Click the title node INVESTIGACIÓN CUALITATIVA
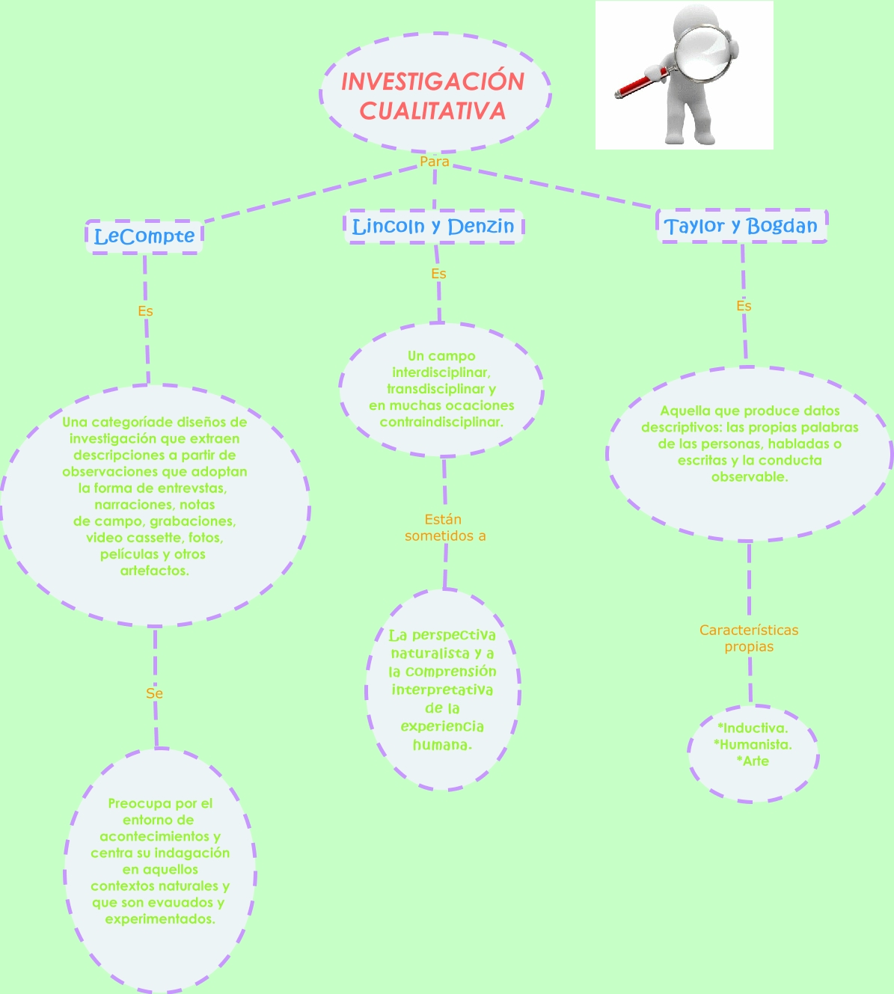(x=435, y=96)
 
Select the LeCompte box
(x=144, y=237)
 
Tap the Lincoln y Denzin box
(x=433, y=226)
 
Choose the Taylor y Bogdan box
(x=741, y=226)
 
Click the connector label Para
(x=435, y=162)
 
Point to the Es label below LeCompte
(x=145, y=311)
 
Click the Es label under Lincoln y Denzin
(x=438, y=274)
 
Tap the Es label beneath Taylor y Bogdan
(x=744, y=306)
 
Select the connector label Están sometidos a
(x=445, y=527)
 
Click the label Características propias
(x=749, y=638)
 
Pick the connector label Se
(x=154, y=693)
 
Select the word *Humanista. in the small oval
(x=753, y=744)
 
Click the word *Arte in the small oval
(x=753, y=761)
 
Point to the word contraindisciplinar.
(x=441, y=422)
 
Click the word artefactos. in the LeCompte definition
(x=155, y=571)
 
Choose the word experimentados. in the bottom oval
(x=160, y=918)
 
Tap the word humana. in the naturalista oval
(x=442, y=745)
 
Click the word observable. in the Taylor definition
(x=750, y=476)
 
